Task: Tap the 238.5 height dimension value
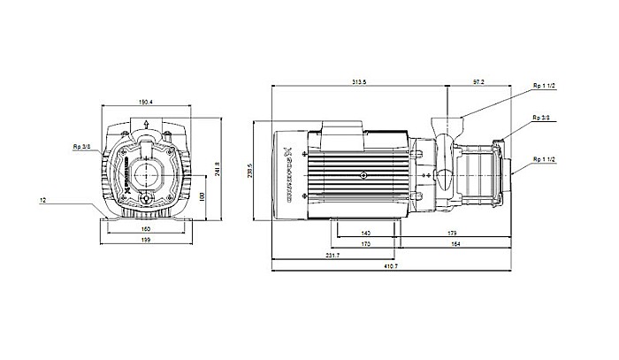point(252,167)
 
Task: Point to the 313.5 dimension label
point(360,81)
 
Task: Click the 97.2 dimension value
point(478,81)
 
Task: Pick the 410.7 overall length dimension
point(392,267)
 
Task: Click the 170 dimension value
point(365,243)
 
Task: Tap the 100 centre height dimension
point(201,196)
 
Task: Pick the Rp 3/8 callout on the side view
point(541,117)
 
